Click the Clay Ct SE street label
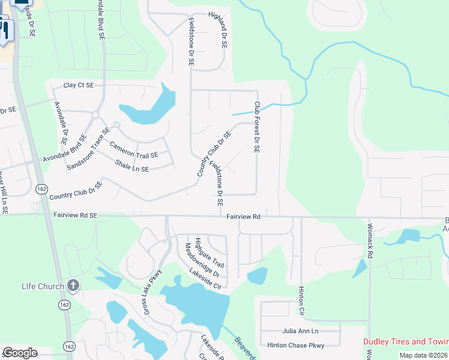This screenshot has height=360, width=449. [79, 86]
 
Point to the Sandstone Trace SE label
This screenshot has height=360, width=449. [89, 148]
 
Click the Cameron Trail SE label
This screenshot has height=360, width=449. [133, 149]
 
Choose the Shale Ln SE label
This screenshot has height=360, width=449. [131, 166]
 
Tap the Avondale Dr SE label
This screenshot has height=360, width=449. [60, 125]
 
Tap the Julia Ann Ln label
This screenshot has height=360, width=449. [300, 331]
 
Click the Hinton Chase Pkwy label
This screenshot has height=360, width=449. [296, 345]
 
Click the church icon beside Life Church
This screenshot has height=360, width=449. [73, 285]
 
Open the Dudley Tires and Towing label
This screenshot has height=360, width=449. [406, 341]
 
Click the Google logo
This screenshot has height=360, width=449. [20, 353]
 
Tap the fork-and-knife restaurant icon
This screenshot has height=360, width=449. [4, 31]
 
